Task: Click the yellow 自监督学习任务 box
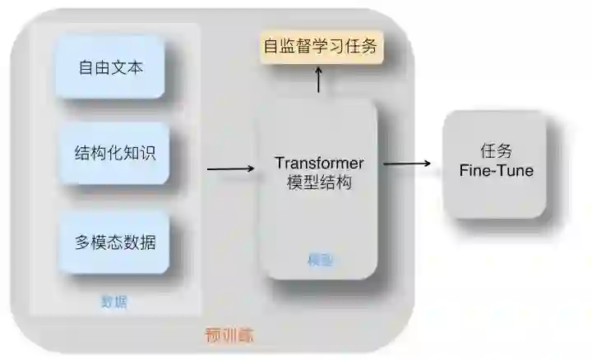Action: [320, 46]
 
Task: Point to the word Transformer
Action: [319, 163]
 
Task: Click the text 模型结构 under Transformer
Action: [319, 182]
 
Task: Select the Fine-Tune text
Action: [496, 171]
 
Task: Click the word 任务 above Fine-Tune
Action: [496, 151]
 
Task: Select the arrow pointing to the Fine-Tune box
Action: [407, 164]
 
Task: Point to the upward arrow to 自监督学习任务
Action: [319, 81]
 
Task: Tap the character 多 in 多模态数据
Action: [82, 242]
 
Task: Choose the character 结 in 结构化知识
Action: [82, 154]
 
